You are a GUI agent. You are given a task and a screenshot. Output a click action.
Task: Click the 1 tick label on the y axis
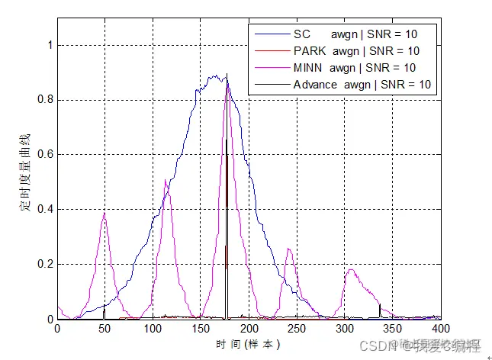tap(50, 45)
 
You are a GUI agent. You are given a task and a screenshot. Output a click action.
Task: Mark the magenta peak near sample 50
tap(105, 214)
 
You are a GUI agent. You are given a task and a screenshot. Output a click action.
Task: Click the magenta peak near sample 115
tap(166, 180)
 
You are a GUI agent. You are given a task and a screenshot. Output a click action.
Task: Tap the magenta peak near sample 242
tap(288, 249)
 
